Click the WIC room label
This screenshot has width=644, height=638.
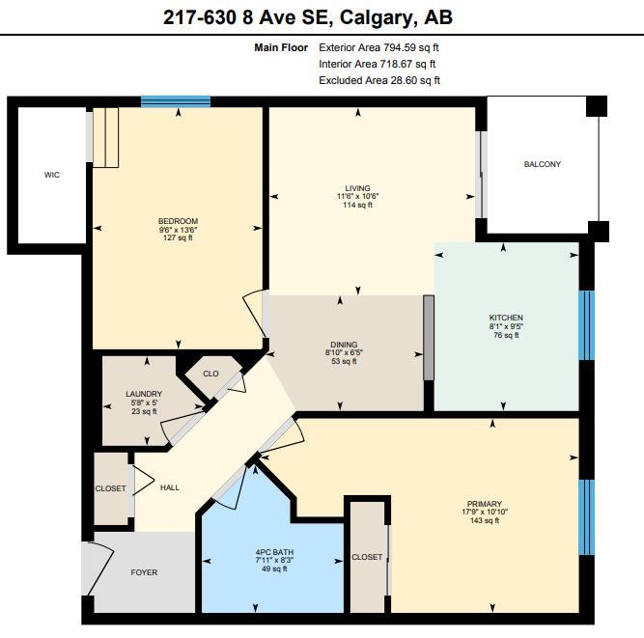[x=52, y=175]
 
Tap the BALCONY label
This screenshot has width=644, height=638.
[x=542, y=164]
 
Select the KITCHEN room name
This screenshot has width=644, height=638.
[x=505, y=318]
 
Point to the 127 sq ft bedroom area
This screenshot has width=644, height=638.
[x=178, y=237]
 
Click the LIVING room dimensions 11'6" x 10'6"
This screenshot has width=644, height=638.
[x=358, y=197]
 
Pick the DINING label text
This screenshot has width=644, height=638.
[x=344, y=345]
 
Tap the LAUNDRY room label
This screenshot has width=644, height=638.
[x=143, y=394]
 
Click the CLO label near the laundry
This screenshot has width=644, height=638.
[x=210, y=374]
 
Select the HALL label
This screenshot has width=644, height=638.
[x=170, y=488]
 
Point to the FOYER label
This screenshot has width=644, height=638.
[x=144, y=572]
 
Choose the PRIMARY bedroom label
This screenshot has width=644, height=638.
[x=484, y=504]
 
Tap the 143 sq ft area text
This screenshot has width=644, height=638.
[x=484, y=521]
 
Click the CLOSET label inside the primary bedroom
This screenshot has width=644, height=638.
[x=367, y=557]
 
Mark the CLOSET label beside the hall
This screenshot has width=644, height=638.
[x=111, y=488]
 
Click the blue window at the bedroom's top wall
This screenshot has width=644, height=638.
[x=176, y=101]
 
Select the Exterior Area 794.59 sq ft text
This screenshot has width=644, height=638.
[x=383, y=47]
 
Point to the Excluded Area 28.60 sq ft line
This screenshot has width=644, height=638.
[x=379, y=81]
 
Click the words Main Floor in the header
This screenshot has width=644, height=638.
[x=281, y=47]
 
